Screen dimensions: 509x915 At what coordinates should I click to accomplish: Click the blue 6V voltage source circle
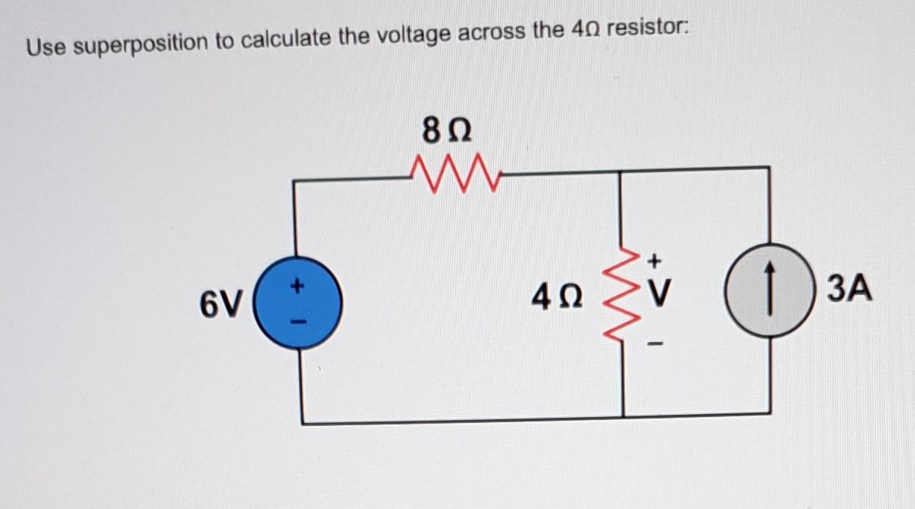pyautogui.click(x=298, y=303)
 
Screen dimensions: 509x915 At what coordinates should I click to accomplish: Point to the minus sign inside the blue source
pyautogui.click(x=298, y=322)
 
